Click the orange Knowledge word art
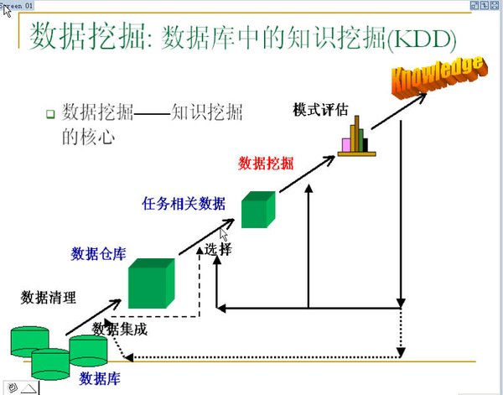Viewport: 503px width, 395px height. pos(437,75)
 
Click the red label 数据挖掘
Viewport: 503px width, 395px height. pos(267,163)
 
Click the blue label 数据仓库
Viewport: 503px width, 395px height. pos(99,253)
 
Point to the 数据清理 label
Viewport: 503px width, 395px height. pos(49,297)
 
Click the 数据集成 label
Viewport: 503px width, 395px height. pos(120,329)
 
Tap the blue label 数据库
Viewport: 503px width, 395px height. pos(100,378)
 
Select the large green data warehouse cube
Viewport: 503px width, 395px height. pos(151,283)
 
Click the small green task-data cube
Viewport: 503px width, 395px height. pos(257,210)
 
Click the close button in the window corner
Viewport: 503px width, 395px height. pos(495,5)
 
